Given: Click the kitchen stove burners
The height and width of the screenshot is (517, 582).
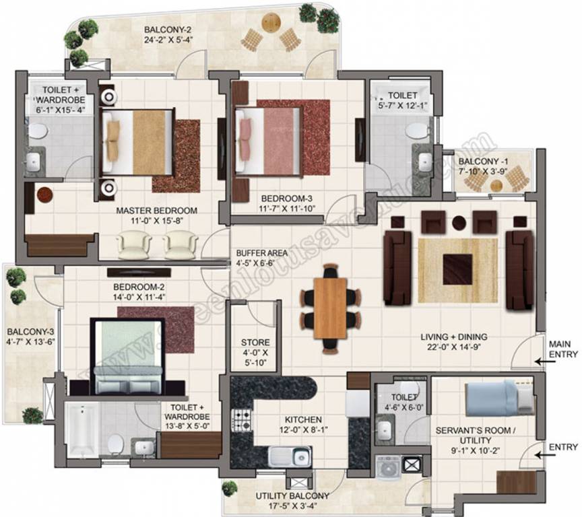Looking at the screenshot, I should tap(241, 420).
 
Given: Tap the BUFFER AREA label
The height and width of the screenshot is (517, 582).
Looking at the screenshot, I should tap(261, 253).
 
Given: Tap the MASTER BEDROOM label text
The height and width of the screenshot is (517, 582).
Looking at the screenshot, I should tap(157, 211).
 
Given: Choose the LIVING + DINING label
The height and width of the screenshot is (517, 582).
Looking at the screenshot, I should tap(454, 337).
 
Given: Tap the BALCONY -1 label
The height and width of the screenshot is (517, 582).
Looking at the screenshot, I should tap(484, 162).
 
